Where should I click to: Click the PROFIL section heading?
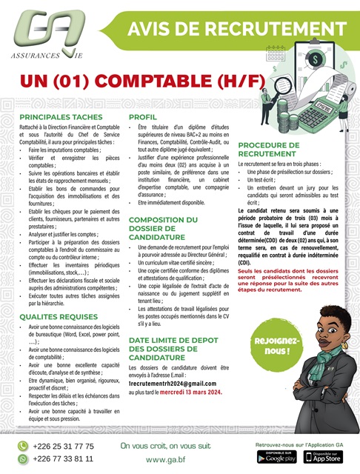[142, 118]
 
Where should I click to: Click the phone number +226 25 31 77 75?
[64, 447]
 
